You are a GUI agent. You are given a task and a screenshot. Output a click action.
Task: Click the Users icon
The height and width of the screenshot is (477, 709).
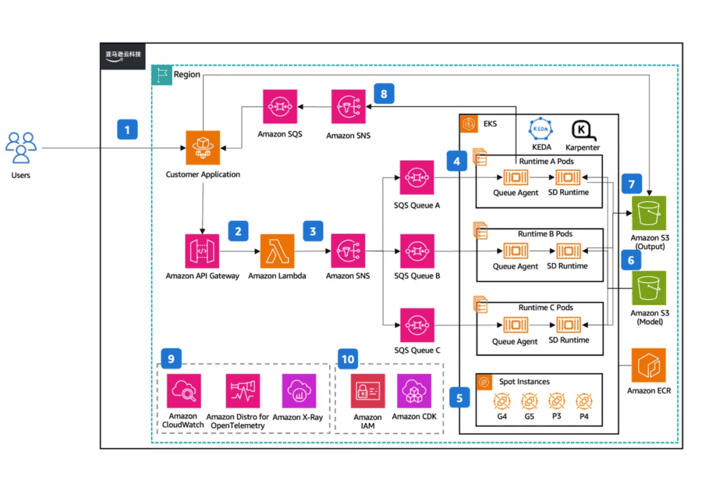pos(21,147)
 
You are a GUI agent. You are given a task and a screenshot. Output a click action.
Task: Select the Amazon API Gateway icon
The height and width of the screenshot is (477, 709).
pos(202,251)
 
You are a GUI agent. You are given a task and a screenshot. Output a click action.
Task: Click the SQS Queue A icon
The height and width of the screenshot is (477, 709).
pos(417,177)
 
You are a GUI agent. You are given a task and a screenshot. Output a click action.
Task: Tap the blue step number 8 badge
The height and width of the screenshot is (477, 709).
pos(384,94)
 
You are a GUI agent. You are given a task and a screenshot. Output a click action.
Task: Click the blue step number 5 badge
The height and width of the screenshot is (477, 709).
pos(460,397)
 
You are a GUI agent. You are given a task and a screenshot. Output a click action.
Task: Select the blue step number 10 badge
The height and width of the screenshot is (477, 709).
pos(348,359)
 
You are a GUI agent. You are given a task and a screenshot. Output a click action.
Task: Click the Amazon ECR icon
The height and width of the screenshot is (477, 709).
pos(649,365)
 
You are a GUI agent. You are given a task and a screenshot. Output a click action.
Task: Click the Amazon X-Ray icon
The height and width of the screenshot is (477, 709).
pos(299,391)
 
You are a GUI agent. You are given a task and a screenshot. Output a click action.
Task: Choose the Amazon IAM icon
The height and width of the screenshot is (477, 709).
pos(367,391)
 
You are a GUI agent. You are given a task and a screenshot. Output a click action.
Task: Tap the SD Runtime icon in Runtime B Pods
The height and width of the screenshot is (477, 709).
pos(569,251)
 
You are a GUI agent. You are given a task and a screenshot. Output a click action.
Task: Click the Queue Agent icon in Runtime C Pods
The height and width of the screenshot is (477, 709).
pos(515,325)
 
